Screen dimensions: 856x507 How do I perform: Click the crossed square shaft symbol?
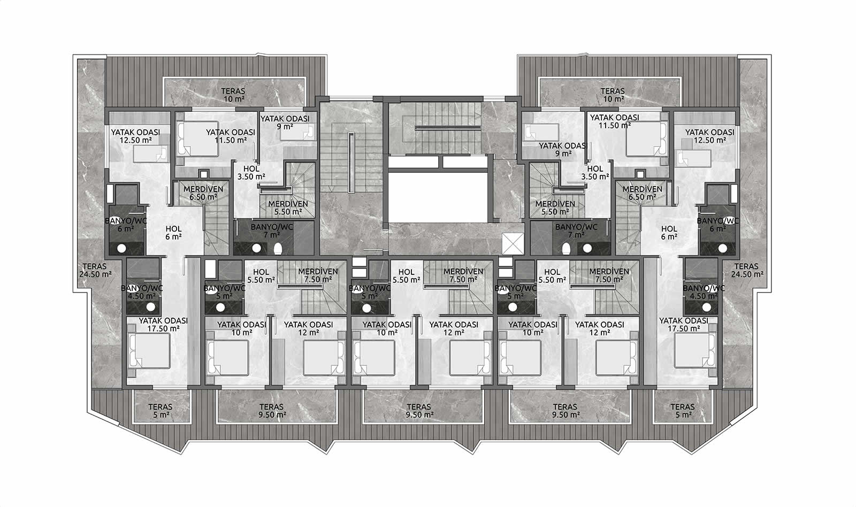[513, 243]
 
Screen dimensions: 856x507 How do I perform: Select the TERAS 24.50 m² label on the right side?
[747, 270]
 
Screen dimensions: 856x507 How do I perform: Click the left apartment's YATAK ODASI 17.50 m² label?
[163, 325]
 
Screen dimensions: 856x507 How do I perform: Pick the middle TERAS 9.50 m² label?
[419, 411]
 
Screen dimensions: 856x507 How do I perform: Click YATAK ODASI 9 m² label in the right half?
[562, 149]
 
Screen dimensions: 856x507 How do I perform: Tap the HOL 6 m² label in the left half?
[173, 233]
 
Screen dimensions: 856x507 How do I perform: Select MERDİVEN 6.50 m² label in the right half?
[642, 193]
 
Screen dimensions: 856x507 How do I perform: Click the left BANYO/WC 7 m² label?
[272, 231]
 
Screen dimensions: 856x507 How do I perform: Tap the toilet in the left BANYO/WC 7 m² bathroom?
[278, 249]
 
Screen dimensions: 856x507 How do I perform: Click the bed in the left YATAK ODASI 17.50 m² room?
[149, 351]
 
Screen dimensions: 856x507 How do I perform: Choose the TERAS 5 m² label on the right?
[683, 411]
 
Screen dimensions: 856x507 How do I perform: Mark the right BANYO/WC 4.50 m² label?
[704, 292]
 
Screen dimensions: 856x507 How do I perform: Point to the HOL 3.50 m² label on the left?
[251, 173]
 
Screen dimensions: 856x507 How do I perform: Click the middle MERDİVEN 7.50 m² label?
[463, 275]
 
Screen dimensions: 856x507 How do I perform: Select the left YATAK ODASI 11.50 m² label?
[231, 136]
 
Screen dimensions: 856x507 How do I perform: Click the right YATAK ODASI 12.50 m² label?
[709, 136]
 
